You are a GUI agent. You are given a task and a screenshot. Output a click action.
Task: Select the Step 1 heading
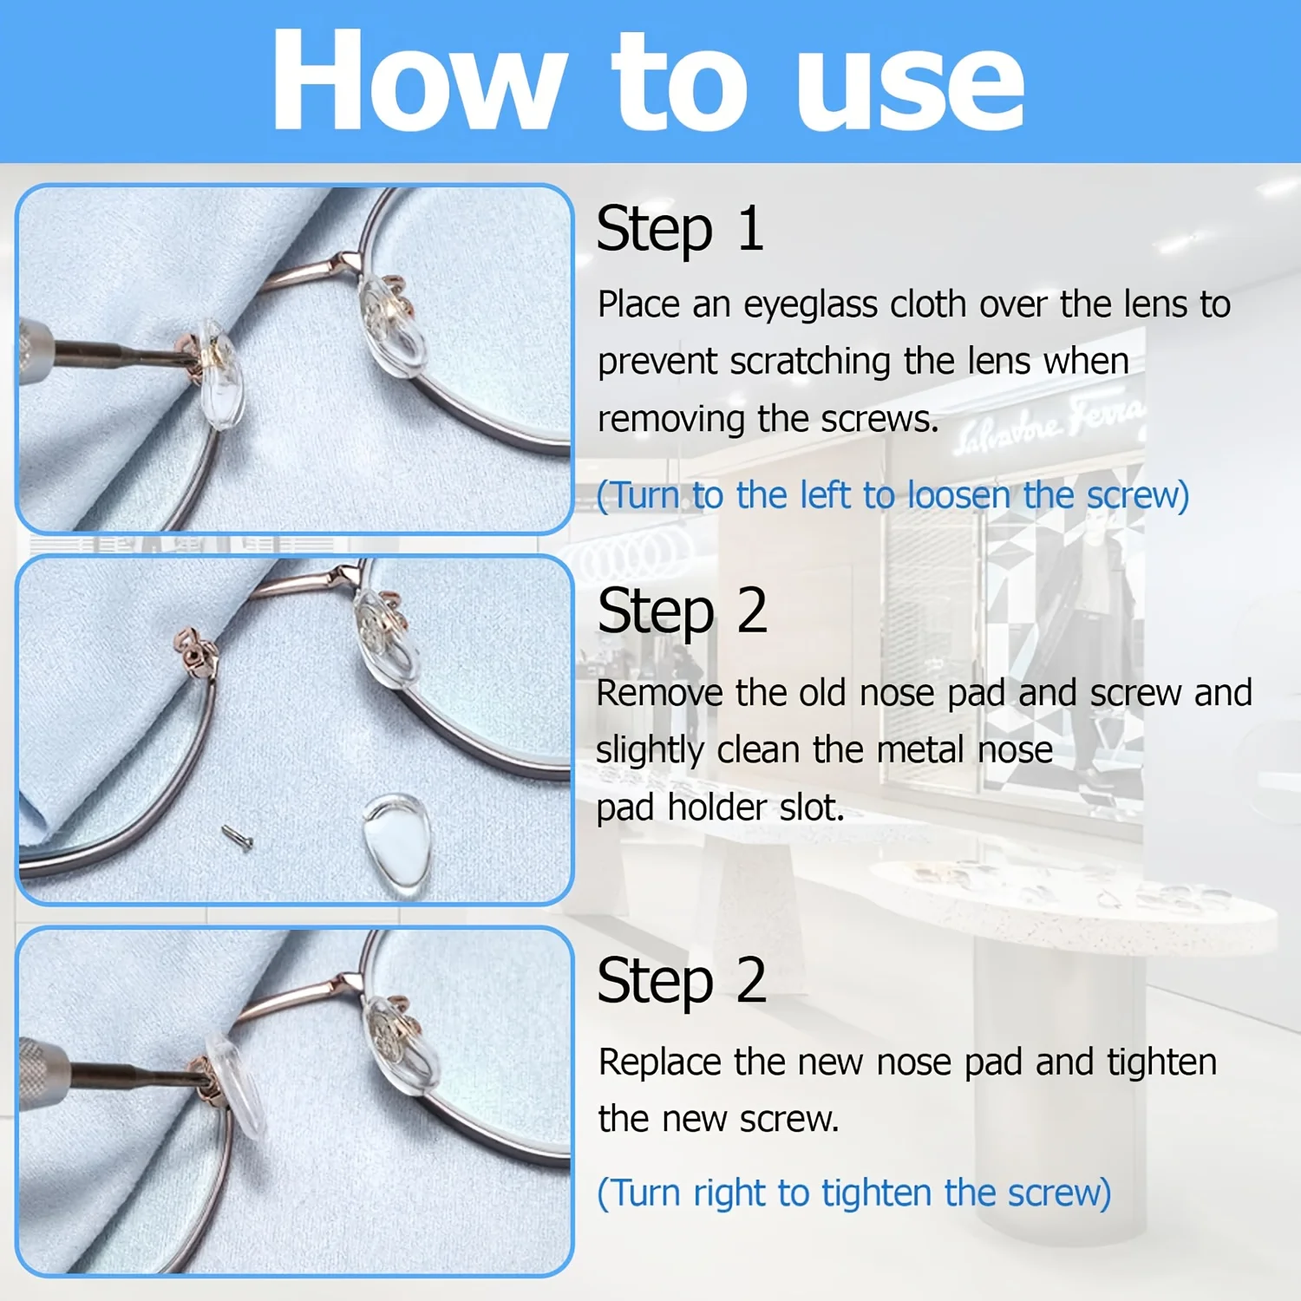680,229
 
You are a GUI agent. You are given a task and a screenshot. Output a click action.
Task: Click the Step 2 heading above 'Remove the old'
682,612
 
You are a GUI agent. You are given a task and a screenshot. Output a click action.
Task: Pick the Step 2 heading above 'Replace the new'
682,981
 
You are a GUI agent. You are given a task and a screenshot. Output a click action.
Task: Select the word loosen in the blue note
958,495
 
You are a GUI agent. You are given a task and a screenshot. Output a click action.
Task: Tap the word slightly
649,751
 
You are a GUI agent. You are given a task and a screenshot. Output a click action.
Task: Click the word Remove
658,693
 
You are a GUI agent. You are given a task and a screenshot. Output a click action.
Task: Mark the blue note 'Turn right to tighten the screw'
854,1193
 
